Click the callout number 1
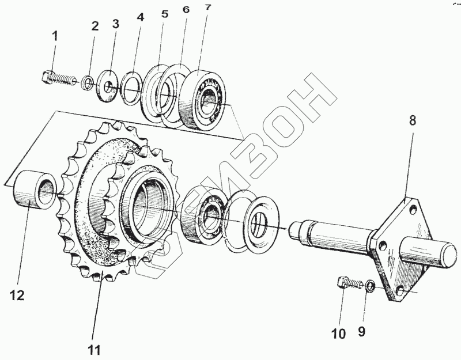pyautogui.click(x=55, y=36)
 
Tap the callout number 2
pyautogui.click(x=95, y=26)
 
